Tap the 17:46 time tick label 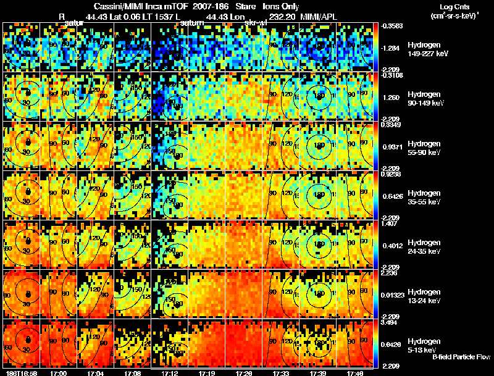pyautogui.click(x=355, y=373)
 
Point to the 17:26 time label pyautogui.click(x=244, y=373)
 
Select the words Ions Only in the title pyautogui.click(x=283, y=6)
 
